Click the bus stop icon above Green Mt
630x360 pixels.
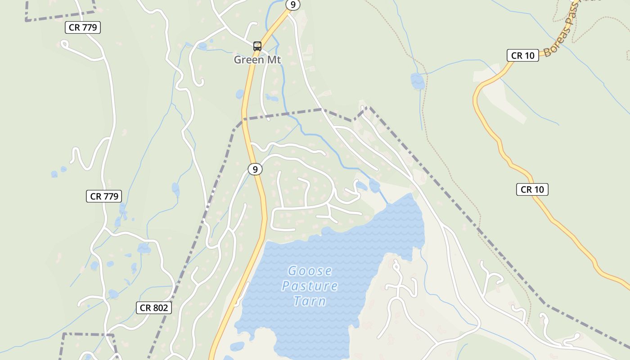pos(257,46)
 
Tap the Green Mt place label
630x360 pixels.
pos(257,59)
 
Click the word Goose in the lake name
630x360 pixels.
pos(310,271)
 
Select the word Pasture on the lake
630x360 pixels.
pos(310,286)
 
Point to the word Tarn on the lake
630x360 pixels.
pos(310,301)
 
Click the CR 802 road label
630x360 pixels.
pos(154,308)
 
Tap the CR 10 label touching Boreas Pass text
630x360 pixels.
pos(522,55)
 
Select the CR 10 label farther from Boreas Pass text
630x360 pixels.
pos(532,189)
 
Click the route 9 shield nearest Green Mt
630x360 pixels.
pos(293,5)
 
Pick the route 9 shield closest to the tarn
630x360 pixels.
pos(255,169)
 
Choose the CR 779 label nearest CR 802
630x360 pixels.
pos(104,196)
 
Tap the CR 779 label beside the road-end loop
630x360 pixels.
pos(82,27)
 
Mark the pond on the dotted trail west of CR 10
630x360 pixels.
pos(418,81)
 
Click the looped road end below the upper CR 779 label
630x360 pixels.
pos(64,44)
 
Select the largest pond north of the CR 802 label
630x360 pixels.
pos(144,248)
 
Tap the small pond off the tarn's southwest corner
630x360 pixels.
pos(237,346)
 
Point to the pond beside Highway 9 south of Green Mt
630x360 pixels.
pos(240,94)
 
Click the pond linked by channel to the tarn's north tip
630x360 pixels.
pos(374,185)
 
